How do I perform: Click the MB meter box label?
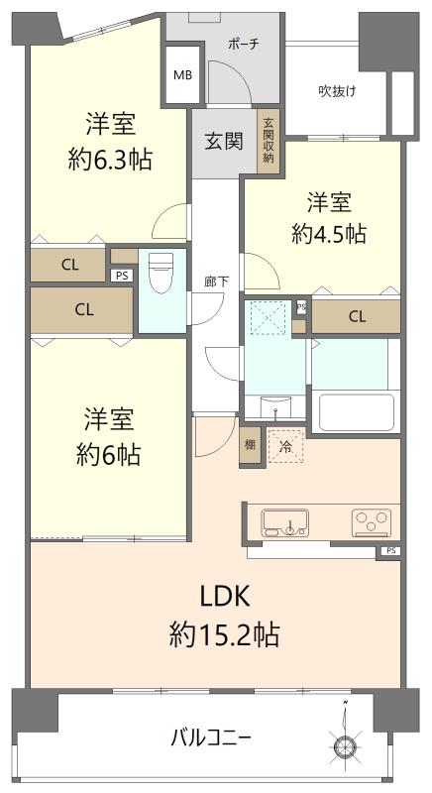[x=182, y=75]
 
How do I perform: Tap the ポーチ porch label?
[x=244, y=44]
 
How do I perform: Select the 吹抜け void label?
[x=337, y=91]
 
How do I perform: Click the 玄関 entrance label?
[x=223, y=141]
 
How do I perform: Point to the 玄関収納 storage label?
[x=268, y=141]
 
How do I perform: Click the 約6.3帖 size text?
[x=110, y=161]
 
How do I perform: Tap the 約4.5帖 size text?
[x=329, y=234]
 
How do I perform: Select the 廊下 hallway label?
[x=216, y=283]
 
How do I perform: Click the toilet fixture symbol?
[x=162, y=273]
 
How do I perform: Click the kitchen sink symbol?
[x=285, y=523]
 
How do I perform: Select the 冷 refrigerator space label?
[x=286, y=446]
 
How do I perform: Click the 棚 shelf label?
[x=250, y=445]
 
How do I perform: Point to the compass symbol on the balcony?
[x=345, y=740]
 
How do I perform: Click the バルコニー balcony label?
[x=211, y=739]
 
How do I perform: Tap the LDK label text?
[x=225, y=598]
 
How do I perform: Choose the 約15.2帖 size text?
[x=224, y=634]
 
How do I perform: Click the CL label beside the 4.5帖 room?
[x=357, y=317]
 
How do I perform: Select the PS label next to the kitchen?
[x=391, y=551]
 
